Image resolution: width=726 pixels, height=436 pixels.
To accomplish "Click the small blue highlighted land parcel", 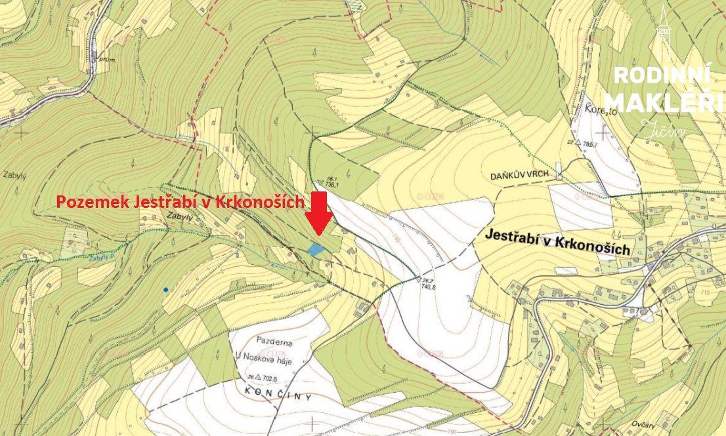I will pos(316,249).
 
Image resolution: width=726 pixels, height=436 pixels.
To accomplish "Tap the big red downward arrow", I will pos(318,213).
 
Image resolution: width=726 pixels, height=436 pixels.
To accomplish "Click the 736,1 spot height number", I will pos(332,185).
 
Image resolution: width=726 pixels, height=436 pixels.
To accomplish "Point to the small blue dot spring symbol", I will pos(166,289).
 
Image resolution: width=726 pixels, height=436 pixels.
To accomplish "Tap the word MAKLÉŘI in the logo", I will pos(663,103).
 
